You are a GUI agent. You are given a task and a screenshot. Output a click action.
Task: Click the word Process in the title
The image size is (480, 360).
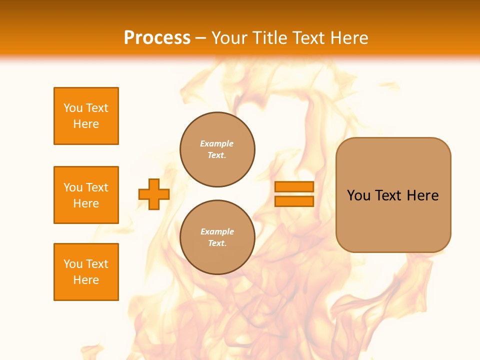coord(157,38)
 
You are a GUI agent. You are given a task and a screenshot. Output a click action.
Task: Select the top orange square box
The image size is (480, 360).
coord(86,116)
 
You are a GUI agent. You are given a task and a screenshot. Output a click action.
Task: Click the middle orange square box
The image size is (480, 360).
coord(86,195)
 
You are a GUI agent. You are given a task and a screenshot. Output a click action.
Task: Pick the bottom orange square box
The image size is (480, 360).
coord(86,272)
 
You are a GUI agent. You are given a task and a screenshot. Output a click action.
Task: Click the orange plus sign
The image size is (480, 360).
coord(154,194)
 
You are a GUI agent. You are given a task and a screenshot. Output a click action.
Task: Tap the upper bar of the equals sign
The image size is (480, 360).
coord(294,186)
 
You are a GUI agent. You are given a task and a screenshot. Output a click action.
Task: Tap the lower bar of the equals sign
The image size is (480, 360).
coord(294,201)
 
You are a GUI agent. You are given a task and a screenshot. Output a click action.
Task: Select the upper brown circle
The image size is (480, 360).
coord(217,149)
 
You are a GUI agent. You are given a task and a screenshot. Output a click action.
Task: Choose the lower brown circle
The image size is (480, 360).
coord(217,237)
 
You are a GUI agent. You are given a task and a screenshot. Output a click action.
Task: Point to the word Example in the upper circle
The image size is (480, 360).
coord(217,143)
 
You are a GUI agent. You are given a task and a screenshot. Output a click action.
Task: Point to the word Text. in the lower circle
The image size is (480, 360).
coord(217,243)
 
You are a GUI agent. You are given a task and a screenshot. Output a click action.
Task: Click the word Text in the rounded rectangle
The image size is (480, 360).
coord(388,195)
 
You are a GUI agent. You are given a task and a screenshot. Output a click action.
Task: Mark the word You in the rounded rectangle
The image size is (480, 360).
coord(359,195)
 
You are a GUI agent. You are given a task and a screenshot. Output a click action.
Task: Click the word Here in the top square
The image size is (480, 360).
coord(86,124)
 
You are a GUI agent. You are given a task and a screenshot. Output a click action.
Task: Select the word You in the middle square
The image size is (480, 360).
coord(73,187)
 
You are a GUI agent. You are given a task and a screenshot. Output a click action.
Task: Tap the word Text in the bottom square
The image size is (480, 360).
coord(96,264)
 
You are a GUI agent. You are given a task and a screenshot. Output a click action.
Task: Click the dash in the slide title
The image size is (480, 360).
coord(201,38)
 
